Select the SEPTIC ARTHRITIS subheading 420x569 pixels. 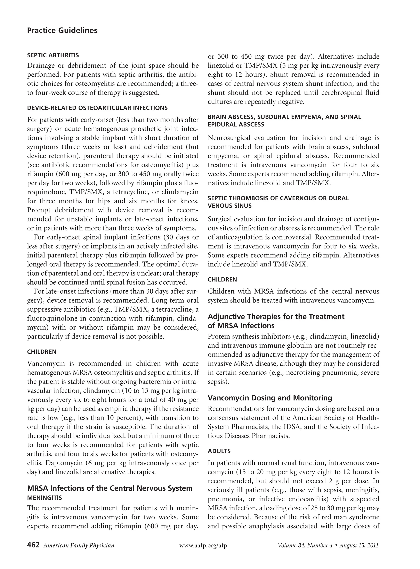pyautogui.click(x=53, y=55)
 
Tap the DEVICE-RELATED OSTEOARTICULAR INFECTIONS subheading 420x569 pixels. pyautogui.click(x=97, y=108)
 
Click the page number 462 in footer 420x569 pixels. pyautogui.click(x=33, y=545)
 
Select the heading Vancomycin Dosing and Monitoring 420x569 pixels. pyautogui.click(x=270, y=398)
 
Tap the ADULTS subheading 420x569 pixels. pyautogui.click(x=219, y=451)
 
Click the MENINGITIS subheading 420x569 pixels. pyautogui.click(x=45, y=498)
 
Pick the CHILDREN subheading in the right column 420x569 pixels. pyautogui.click(x=222, y=279)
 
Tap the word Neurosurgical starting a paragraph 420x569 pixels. pyautogui.click(x=229, y=138)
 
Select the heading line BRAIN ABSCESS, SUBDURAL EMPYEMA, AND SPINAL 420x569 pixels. pyautogui.click(x=284, y=117)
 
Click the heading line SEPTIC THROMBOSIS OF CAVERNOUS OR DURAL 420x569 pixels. pyautogui.click(x=278, y=198)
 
